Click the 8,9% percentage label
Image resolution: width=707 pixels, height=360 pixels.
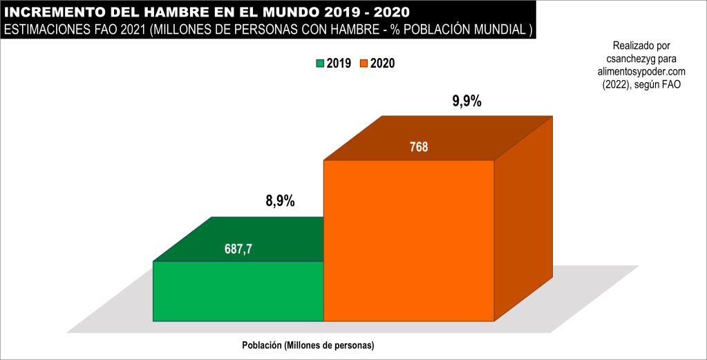pos(280,202)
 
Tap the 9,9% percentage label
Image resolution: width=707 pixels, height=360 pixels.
pos(466,102)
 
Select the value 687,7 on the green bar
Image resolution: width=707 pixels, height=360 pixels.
pos(238,249)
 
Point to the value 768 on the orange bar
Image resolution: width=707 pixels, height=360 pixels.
pos(419,146)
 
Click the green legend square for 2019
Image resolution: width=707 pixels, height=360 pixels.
pos(320,64)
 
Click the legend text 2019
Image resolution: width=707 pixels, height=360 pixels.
pos(339,64)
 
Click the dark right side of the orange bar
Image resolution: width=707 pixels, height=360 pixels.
pos(524,221)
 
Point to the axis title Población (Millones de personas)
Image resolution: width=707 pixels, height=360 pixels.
pos(308,345)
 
